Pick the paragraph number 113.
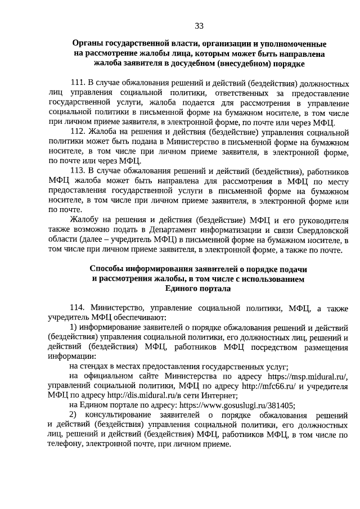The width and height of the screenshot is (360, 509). tap(78, 170)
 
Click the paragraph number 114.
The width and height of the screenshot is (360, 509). tap(78, 308)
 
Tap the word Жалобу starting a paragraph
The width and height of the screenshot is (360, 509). tap(85, 219)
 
